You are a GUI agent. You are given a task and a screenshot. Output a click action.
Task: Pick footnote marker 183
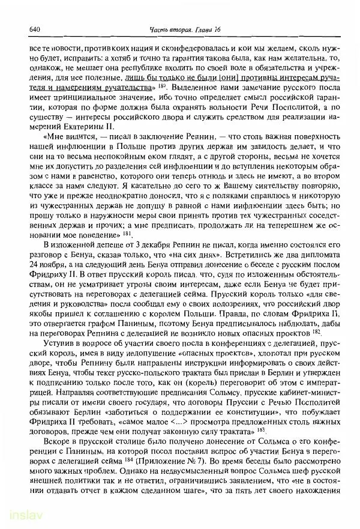tap(257, 429)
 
